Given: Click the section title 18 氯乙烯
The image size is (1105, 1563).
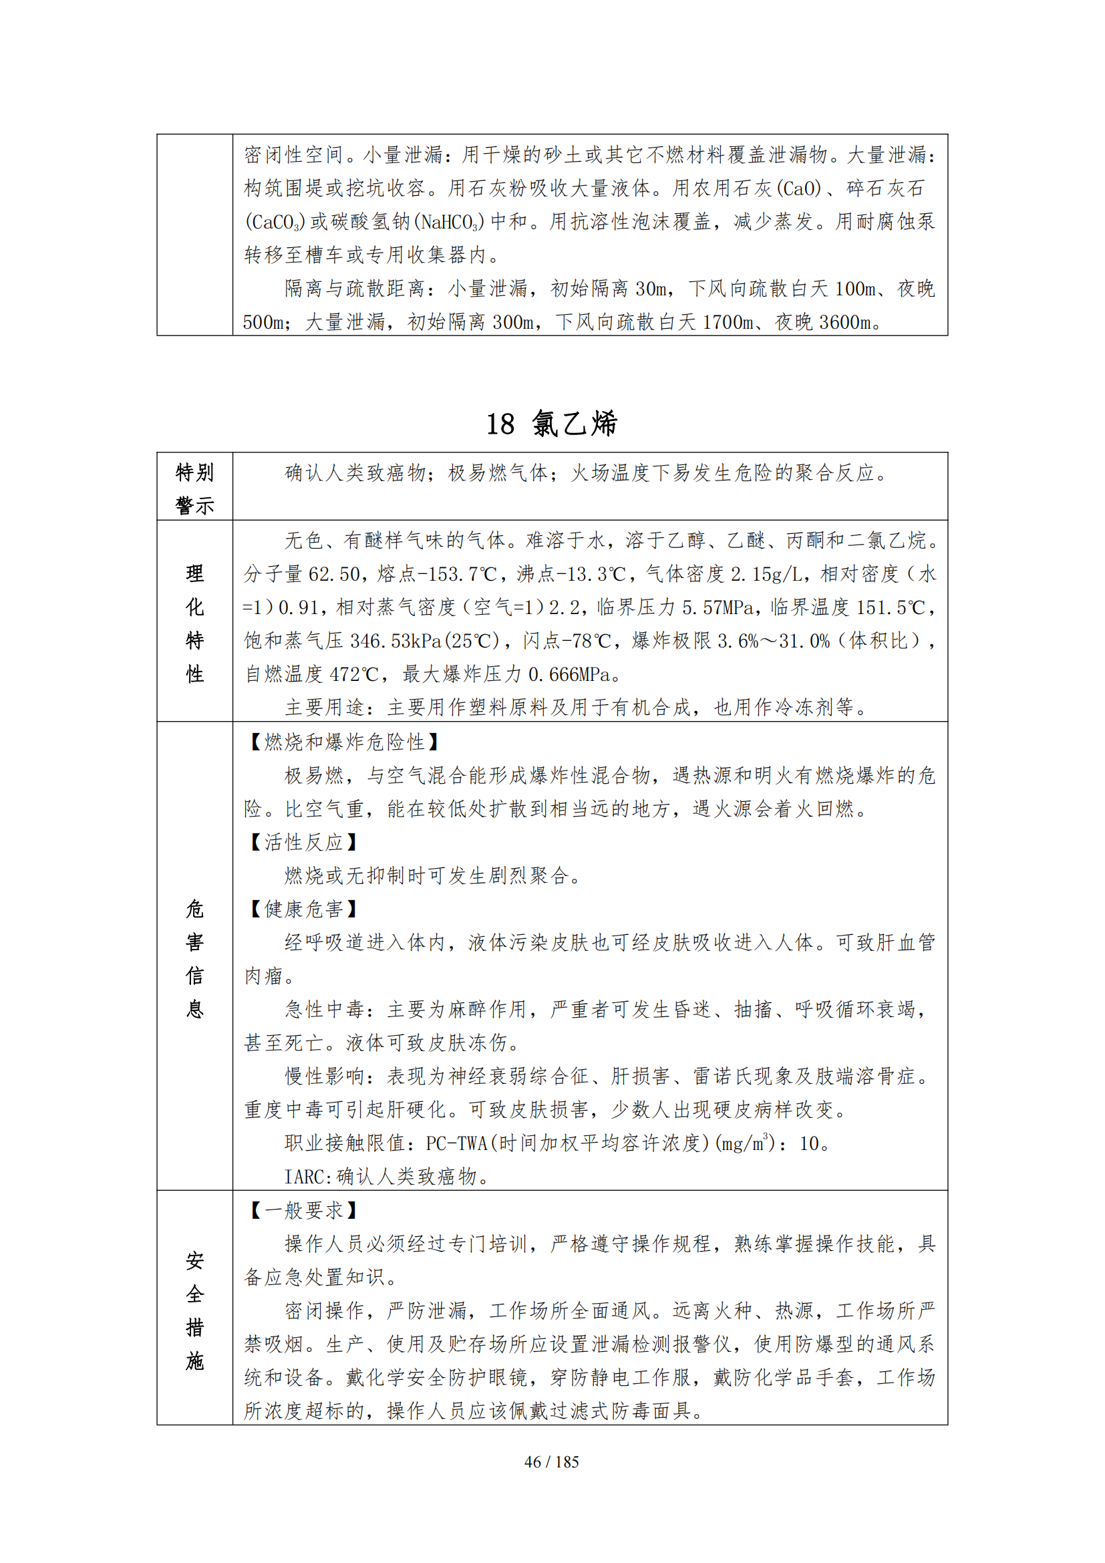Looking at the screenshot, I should pyautogui.click(x=551, y=424).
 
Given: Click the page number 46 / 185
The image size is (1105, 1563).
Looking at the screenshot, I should pyautogui.click(x=551, y=1461).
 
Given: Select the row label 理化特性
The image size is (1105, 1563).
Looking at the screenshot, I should pyautogui.click(x=194, y=623).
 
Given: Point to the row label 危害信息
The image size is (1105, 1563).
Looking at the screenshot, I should pyautogui.click(x=194, y=958).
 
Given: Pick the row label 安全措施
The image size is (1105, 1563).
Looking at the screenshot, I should pyautogui.click(x=194, y=1310).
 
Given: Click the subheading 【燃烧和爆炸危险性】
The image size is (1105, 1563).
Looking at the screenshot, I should pyautogui.click(x=344, y=742).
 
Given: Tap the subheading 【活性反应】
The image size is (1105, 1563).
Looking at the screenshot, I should pyautogui.click(x=303, y=843).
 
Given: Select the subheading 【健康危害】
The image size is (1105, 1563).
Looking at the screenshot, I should pyautogui.click(x=303, y=909).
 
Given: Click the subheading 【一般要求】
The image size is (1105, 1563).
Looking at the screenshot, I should pyautogui.click(x=303, y=1210).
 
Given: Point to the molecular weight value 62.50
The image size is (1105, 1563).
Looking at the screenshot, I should pyautogui.click(x=334, y=574).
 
